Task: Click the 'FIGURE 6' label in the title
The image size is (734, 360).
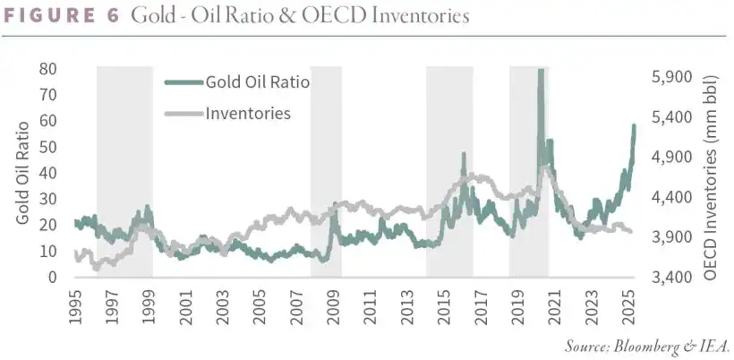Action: tap(63, 16)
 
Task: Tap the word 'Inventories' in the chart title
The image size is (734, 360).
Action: tap(418, 16)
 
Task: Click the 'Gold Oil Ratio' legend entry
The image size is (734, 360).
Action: tap(258, 82)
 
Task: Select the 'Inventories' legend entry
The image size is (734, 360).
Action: tap(248, 113)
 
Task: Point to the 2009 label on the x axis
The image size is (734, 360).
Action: tap(332, 304)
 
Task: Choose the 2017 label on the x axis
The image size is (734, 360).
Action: tap(479, 304)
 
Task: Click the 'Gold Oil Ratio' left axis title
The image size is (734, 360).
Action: tap(21, 173)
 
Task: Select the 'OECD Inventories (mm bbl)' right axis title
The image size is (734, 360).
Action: tap(712, 173)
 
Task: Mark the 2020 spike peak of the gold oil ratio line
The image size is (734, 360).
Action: tap(540, 71)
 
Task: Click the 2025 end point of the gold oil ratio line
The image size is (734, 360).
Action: tap(634, 125)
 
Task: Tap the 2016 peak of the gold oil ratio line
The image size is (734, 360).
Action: tap(464, 154)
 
